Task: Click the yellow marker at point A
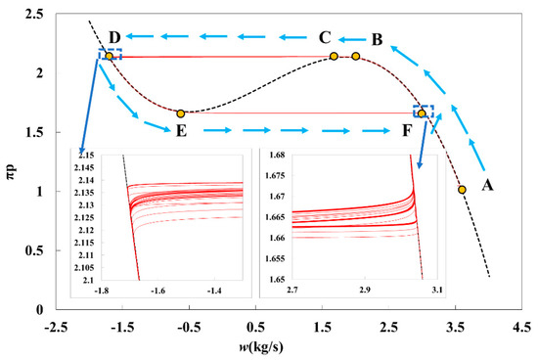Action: click(462, 190)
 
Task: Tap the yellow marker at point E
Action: click(181, 113)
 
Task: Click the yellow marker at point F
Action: click(422, 113)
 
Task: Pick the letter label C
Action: click(325, 37)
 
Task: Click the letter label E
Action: click(181, 130)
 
